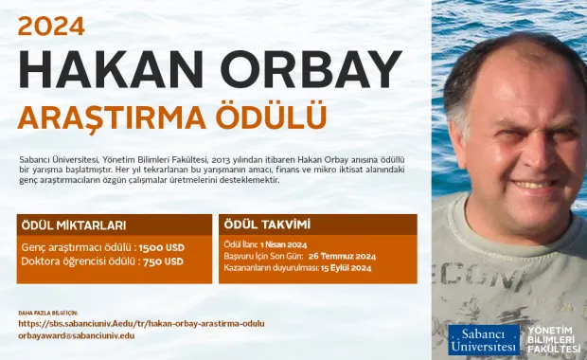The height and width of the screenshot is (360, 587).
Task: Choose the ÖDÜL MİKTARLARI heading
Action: click(x=73, y=225)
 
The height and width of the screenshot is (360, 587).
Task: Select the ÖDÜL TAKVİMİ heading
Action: click(x=266, y=225)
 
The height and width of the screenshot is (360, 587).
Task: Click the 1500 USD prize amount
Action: click(x=162, y=247)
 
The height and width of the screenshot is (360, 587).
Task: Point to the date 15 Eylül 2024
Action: click(x=346, y=268)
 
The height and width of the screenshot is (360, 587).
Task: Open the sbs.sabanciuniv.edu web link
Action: click(x=141, y=323)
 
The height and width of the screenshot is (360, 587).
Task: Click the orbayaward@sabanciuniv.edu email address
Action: click(x=77, y=335)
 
